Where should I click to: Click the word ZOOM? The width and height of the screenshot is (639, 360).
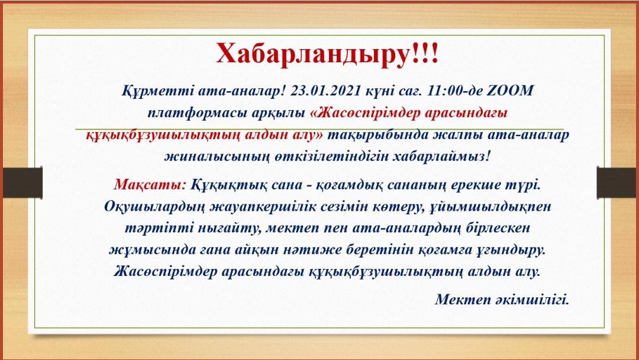[510, 91]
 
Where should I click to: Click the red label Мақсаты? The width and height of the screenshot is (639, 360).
[150, 185]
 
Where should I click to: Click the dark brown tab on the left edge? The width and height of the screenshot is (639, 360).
[22, 182]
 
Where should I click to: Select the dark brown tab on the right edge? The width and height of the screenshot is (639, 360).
[617, 182]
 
